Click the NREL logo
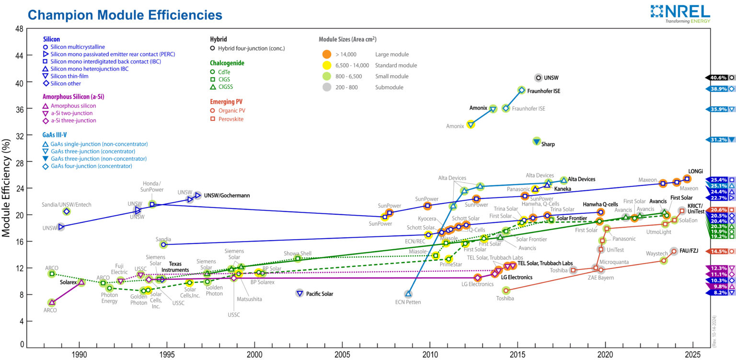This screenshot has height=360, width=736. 680,13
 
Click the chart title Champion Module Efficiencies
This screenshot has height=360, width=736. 125,15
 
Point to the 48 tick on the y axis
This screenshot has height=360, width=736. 20,29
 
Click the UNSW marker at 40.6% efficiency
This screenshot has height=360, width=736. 538,78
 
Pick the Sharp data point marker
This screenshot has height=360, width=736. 537,141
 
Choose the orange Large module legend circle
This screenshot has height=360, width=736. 326,54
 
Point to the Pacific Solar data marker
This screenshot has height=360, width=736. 299,293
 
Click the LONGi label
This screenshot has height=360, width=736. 695,171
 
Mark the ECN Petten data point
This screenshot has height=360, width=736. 408,294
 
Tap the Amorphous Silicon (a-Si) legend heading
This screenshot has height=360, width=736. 73,96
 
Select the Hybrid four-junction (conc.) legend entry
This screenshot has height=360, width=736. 251,48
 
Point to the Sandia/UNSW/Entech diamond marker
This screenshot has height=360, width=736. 67,211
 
